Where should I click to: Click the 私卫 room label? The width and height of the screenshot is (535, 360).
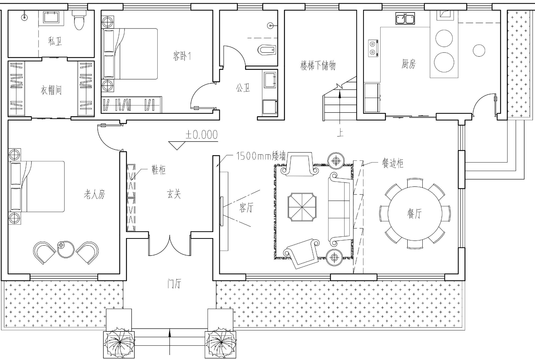pos(55,41)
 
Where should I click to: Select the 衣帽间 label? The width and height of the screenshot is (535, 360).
pos(51,90)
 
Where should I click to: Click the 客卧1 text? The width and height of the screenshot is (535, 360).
pos(182,56)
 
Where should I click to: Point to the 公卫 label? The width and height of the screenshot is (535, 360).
pos(243,88)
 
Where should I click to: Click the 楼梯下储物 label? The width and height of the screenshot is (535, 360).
pos(318,65)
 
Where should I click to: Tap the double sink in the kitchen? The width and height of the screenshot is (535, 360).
pos(405,19)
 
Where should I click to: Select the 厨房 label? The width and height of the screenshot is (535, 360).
pos(408,64)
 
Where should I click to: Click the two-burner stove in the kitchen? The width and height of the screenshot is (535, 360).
pos(373,48)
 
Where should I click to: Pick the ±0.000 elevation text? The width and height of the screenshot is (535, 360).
pos(202,135)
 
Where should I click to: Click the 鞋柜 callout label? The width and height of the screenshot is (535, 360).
pos(159,170)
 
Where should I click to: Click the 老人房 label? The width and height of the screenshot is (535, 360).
pos(95,195)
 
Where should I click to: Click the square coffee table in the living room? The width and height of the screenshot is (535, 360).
pos(302,207)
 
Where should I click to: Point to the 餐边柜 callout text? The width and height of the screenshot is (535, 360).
pos(393,164)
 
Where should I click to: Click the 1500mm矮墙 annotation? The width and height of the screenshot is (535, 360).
pos(261,156)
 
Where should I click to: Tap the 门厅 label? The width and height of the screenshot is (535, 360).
pos(174,284)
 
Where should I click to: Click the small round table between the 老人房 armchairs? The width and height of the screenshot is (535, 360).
pos(66,249)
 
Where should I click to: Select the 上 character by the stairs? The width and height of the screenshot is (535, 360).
pos(340,133)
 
